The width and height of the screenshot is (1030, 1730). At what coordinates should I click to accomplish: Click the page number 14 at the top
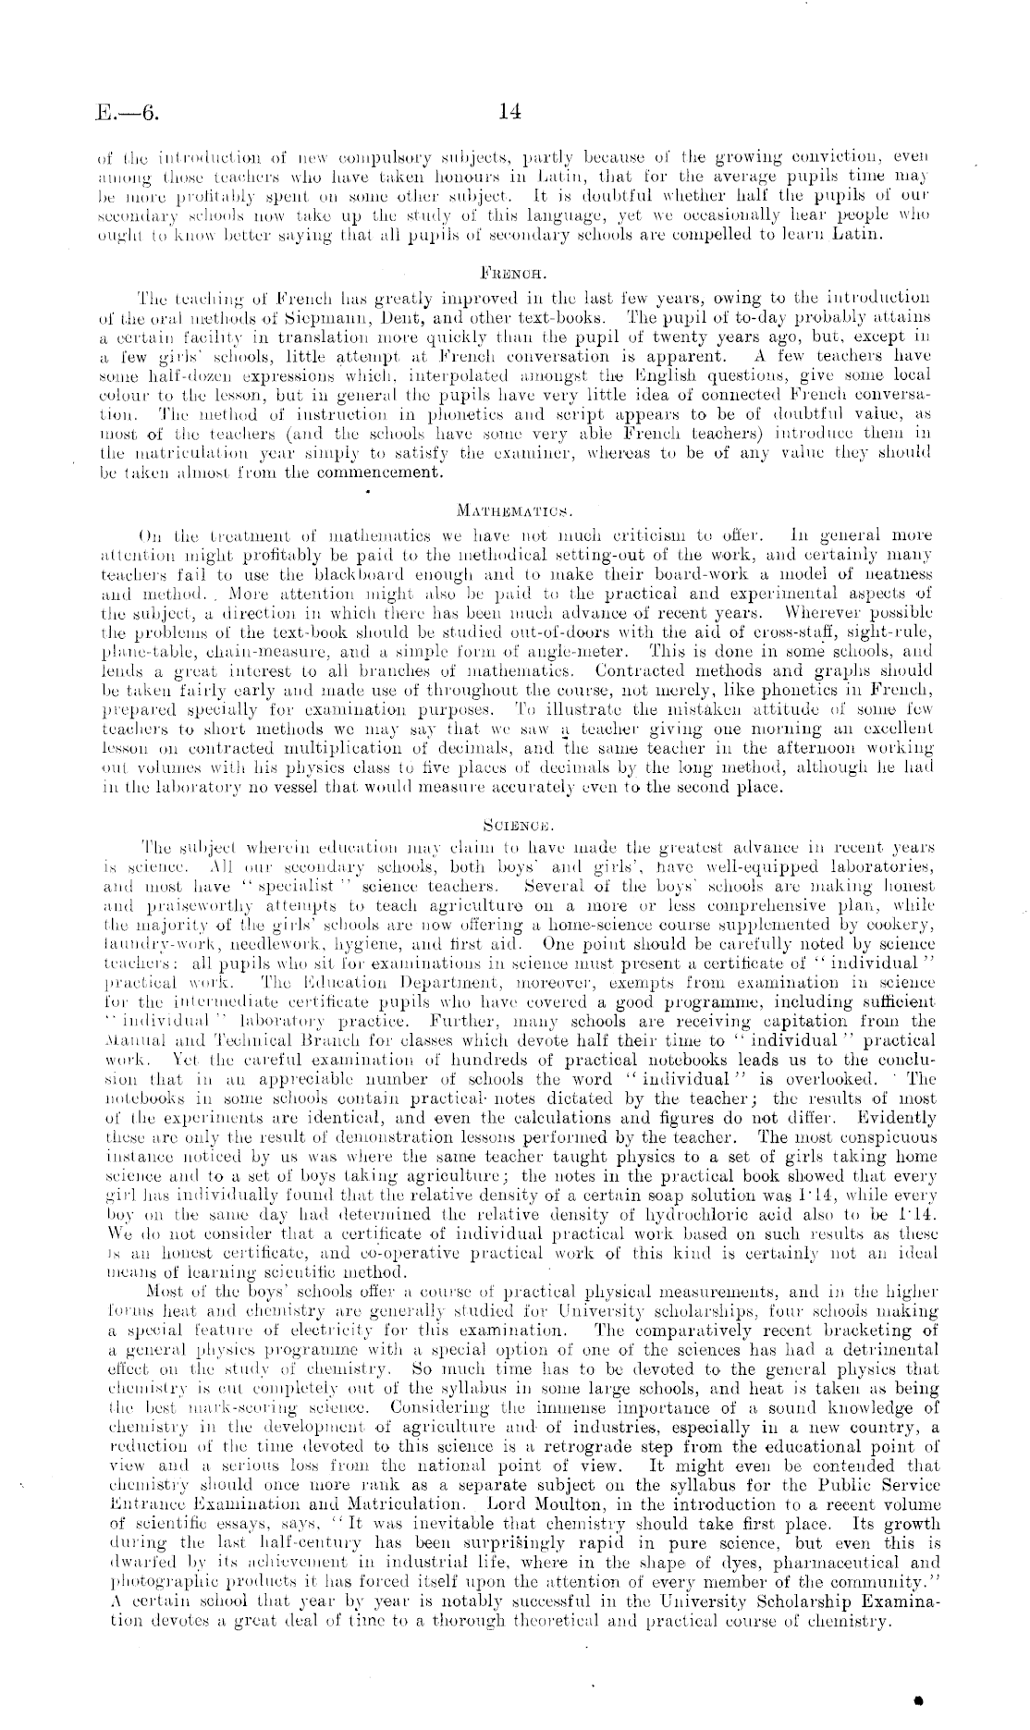[x=509, y=112]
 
